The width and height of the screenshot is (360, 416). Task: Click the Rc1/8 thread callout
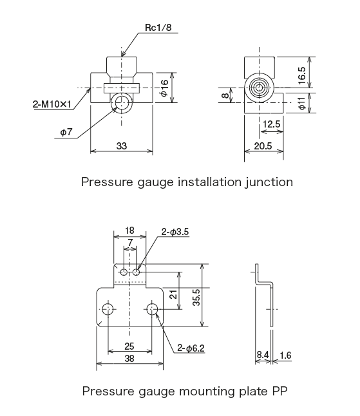pyautogui.click(x=156, y=28)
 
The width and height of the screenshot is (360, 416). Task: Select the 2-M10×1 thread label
pyautogui.click(x=54, y=102)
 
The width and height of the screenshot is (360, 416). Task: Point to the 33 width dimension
pyautogui.click(x=122, y=146)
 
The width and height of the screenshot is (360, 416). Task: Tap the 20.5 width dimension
pyautogui.click(x=262, y=147)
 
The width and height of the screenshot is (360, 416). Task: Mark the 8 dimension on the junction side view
pyautogui.click(x=225, y=95)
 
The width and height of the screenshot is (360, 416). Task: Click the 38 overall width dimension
pyautogui.click(x=130, y=360)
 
